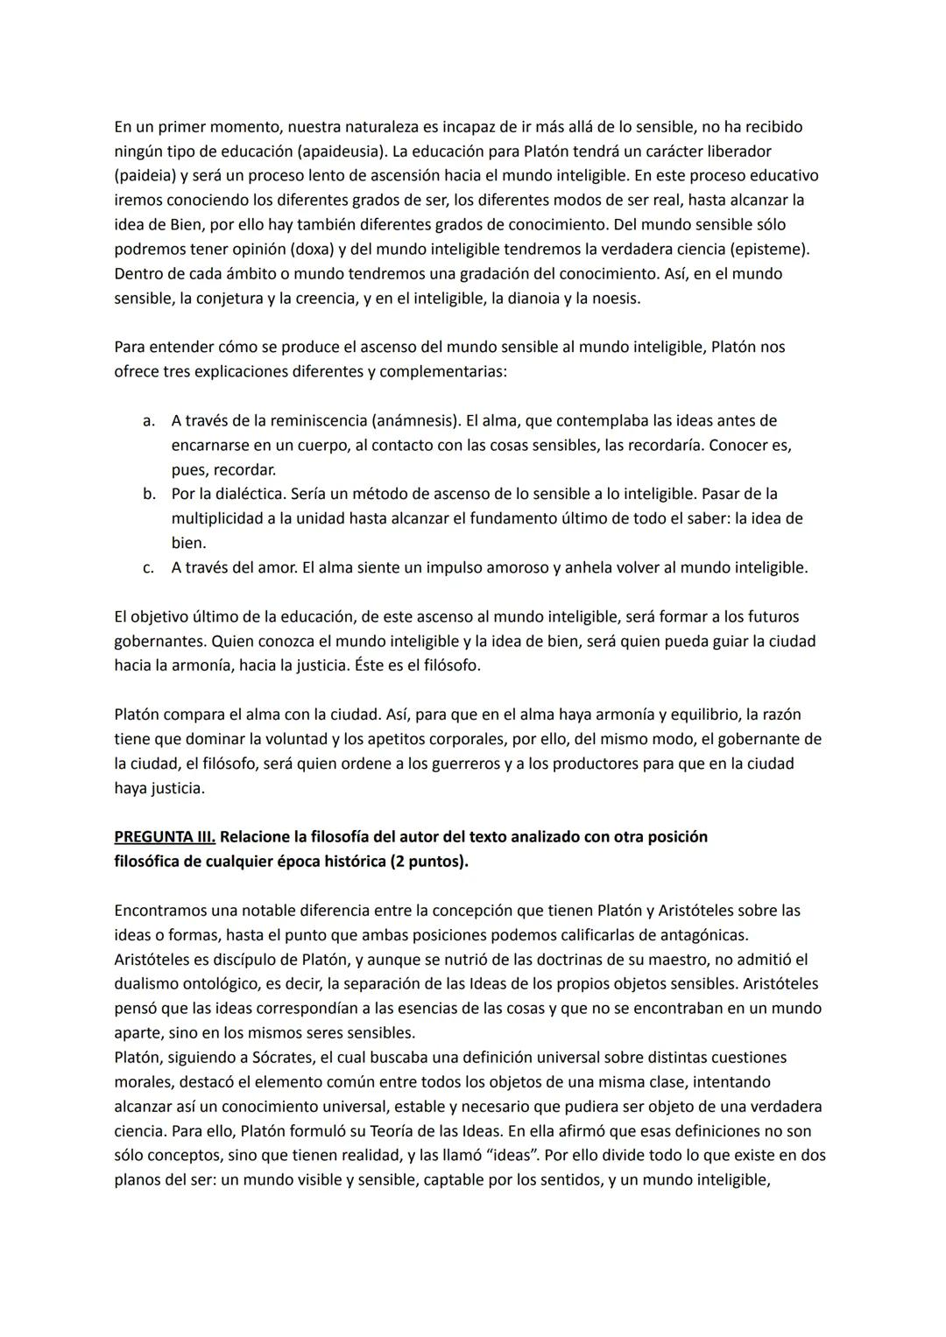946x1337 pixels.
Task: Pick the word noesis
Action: click(x=615, y=299)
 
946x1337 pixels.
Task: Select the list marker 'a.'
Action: click(x=149, y=421)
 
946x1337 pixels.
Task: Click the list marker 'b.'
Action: click(x=149, y=495)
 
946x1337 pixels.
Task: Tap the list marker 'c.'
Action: click(x=149, y=568)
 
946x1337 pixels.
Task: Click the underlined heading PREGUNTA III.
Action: click(x=165, y=837)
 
